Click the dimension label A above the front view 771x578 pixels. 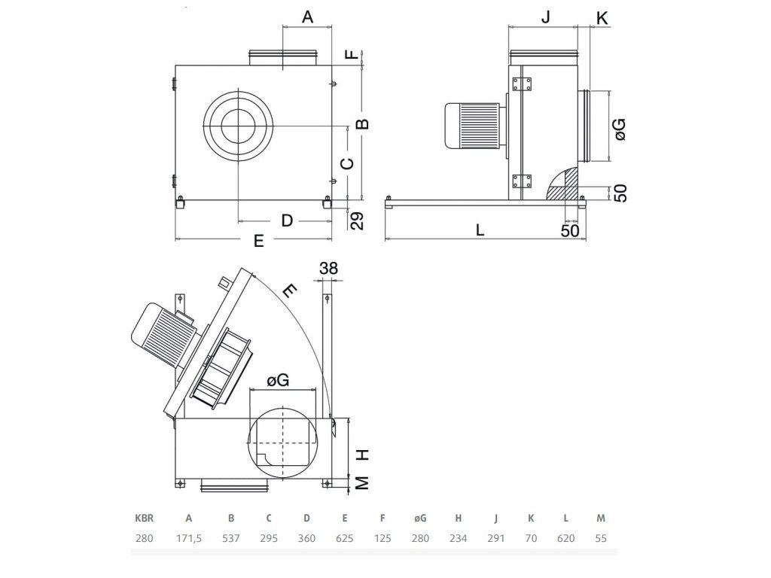[x=307, y=17]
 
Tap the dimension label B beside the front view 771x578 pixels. [x=362, y=123]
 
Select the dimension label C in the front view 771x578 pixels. [x=348, y=163]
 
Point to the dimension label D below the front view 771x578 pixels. [x=287, y=221]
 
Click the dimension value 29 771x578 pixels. [x=358, y=221]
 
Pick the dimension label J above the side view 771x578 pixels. [x=545, y=17]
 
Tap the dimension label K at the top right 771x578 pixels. [x=602, y=19]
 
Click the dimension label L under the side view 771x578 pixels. [x=480, y=230]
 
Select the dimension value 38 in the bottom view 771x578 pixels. [x=328, y=269]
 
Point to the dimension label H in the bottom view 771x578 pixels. [x=362, y=455]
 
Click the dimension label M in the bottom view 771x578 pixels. [x=362, y=483]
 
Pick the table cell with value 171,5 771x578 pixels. [x=189, y=538]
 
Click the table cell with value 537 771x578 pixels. [x=231, y=538]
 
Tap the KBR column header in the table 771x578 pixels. [x=144, y=518]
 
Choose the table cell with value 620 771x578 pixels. [x=566, y=538]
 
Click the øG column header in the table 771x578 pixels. [x=420, y=518]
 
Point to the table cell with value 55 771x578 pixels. [x=601, y=538]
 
